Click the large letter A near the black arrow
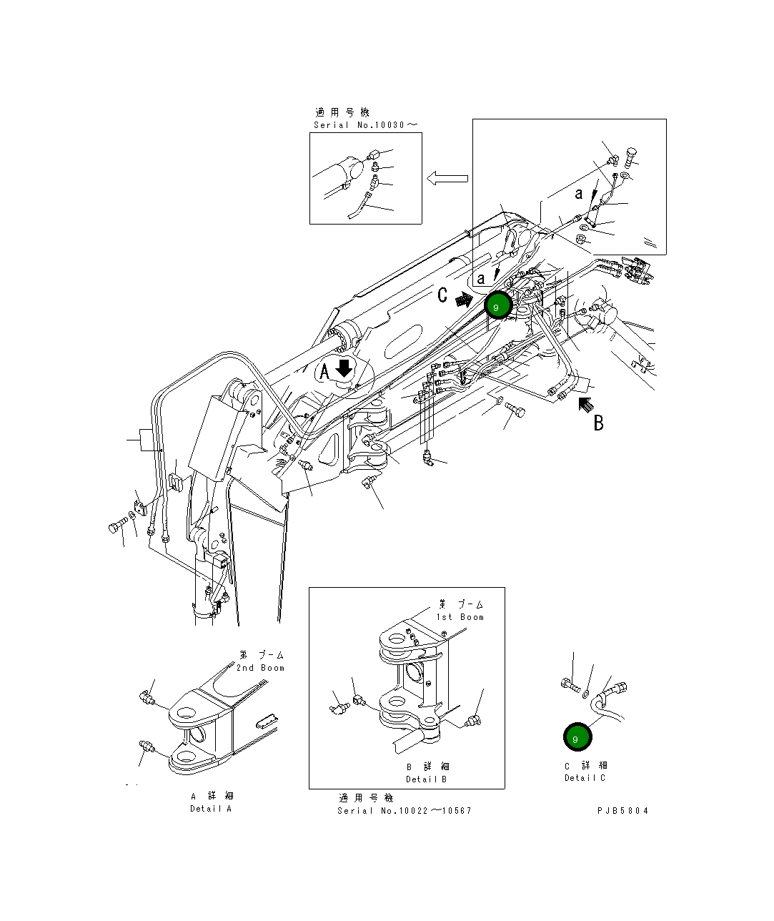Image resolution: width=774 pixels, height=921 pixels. click(x=324, y=372)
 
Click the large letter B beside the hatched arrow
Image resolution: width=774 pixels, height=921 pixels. click(x=599, y=423)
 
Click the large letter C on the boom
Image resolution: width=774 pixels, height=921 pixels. click(x=443, y=295)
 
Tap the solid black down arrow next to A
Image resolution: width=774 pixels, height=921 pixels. click(x=344, y=368)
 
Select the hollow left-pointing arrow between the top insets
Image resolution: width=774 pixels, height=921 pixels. click(x=447, y=178)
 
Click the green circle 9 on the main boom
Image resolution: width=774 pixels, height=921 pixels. click(x=498, y=306)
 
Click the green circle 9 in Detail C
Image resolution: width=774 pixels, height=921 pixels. click(x=576, y=738)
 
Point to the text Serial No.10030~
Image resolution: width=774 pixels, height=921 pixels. click(x=366, y=125)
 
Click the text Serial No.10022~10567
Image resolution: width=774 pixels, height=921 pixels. click(x=405, y=810)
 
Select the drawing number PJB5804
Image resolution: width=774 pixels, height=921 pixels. click(x=623, y=810)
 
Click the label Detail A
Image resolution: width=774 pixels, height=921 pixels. click(x=211, y=809)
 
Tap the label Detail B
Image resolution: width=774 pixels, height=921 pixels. click(x=427, y=779)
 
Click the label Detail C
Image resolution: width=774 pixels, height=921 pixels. click(x=585, y=778)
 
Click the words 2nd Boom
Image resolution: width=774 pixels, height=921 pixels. click(x=260, y=668)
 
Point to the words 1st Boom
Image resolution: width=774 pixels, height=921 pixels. click(x=460, y=617)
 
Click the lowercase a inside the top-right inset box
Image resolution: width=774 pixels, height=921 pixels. click(x=579, y=193)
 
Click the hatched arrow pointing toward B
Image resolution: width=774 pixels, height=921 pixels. click(x=585, y=405)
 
